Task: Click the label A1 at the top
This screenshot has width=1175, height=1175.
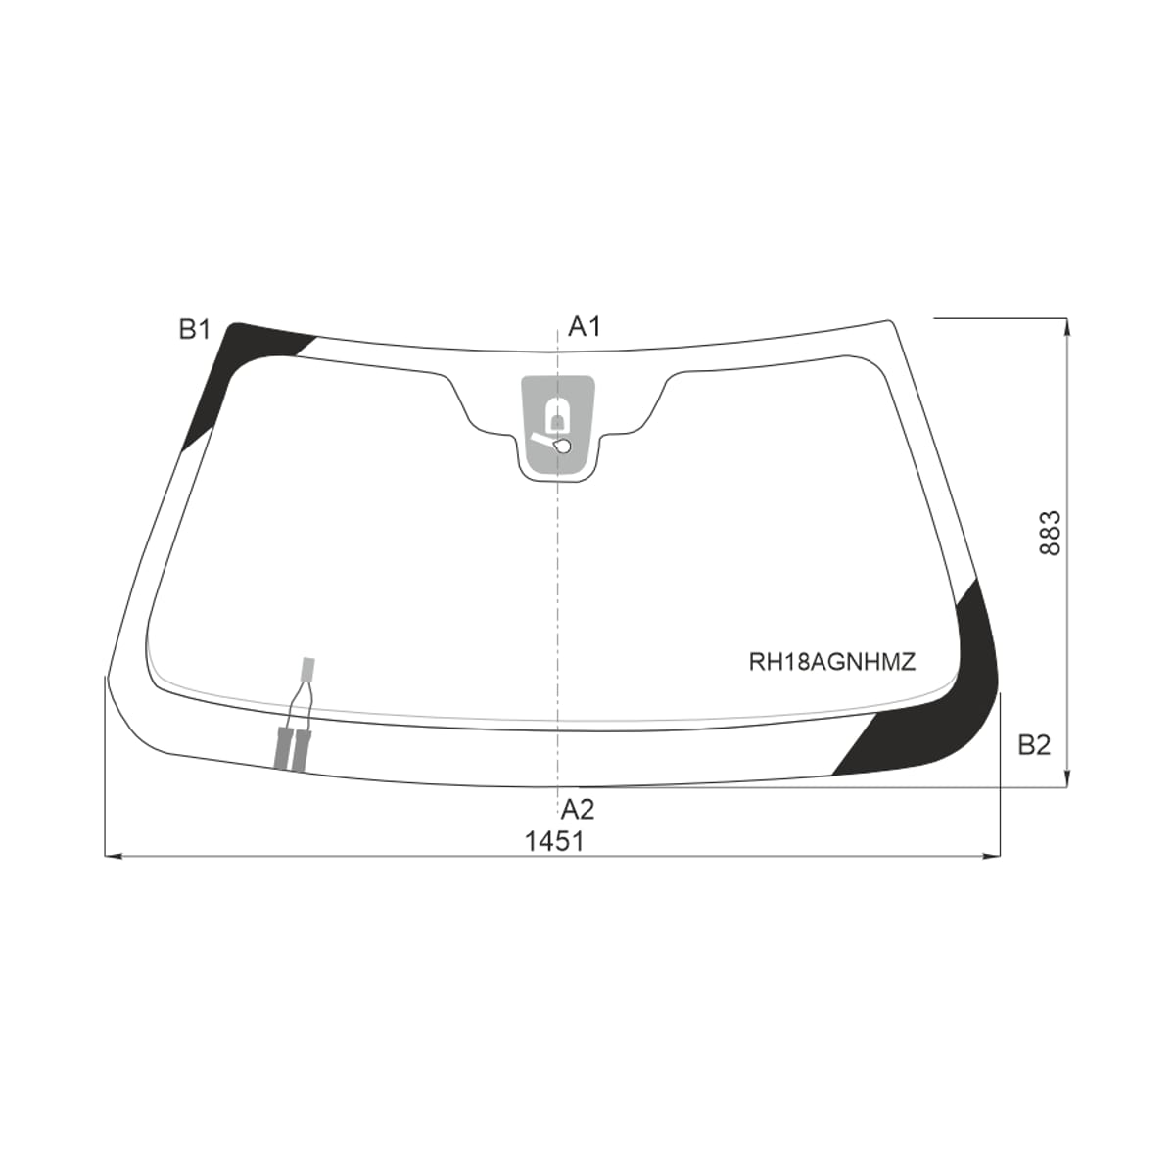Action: (x=585, y=327)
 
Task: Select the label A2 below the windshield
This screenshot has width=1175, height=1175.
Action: (x=578, y=809)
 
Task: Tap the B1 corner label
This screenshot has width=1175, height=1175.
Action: (x=195, y=330)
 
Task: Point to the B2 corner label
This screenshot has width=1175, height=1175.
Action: (x=1034, y=745)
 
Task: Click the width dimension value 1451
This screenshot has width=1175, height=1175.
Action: (x=554, y=842)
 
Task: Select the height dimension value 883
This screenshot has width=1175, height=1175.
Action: (x=1051, y=533)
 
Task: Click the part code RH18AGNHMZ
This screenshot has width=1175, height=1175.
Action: (x=832, y=662)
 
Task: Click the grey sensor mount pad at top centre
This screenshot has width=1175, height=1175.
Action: (x=557, y=424)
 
